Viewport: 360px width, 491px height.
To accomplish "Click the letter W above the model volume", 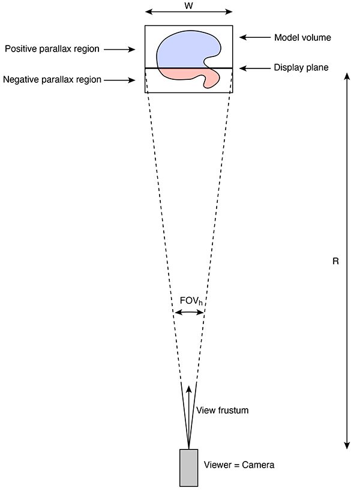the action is point(189,5).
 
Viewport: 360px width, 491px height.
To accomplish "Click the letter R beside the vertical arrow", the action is point(335,261).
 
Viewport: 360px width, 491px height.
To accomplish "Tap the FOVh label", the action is point(191,301).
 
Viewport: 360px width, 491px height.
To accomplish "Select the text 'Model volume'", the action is point(303,38).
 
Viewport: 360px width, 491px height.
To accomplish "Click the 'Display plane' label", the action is point(301,68).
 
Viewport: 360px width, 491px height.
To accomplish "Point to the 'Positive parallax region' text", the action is point(52,49).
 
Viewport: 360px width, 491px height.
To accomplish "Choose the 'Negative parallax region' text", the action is point(52,80).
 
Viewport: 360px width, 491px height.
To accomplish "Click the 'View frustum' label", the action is point(222,410).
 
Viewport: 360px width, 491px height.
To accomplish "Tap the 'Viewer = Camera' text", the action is point(239,465).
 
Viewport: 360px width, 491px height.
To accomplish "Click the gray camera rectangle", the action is point(189,468).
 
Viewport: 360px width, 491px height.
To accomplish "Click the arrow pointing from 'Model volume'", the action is point(255,37).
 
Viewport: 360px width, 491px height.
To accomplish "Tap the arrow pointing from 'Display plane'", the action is point(255,68).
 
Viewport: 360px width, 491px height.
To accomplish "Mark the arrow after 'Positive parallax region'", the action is point(119,49).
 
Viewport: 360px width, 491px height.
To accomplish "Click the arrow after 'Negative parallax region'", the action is point(119,80).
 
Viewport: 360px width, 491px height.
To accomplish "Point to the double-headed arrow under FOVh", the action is point(189,312).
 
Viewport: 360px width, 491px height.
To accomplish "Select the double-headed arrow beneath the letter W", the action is point(189,12).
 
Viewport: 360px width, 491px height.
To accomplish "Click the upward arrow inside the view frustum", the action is point(188,417).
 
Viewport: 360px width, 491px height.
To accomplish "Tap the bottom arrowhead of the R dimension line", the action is point(347,446).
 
